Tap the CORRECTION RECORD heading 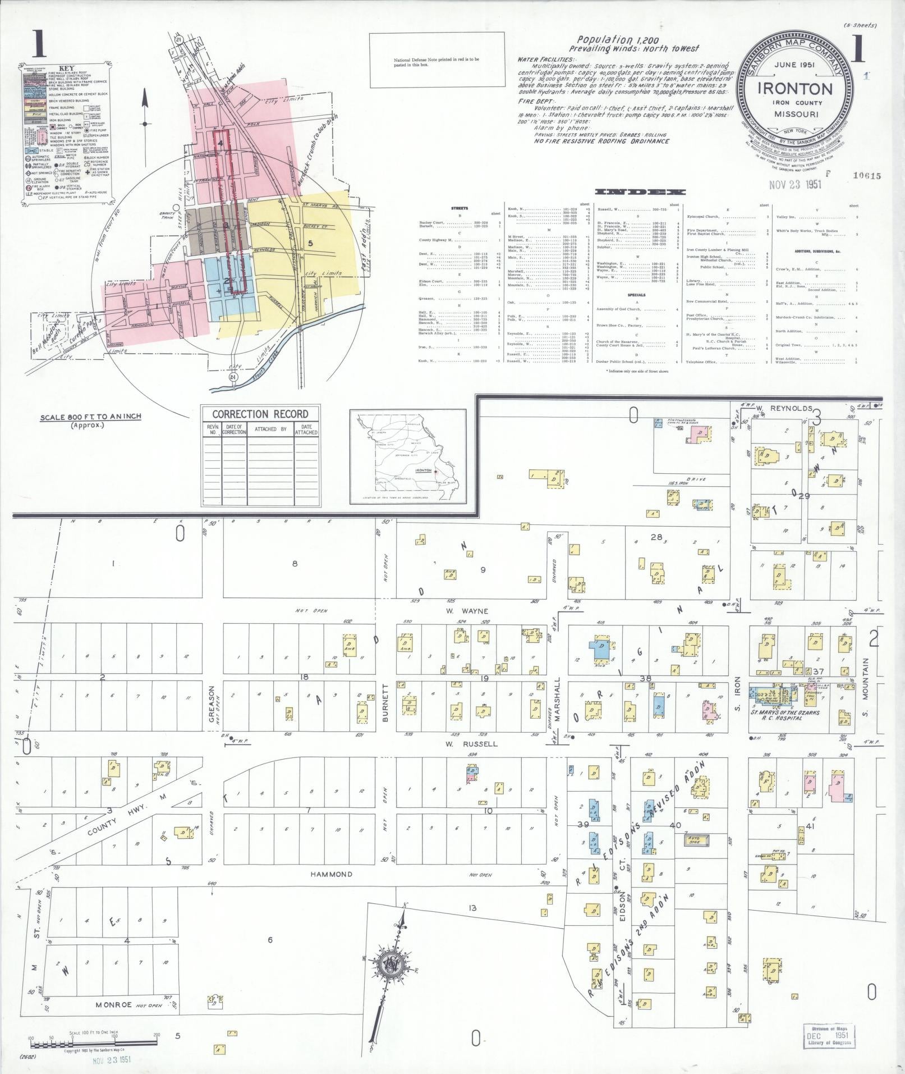pyautogui.click(x=260, y=414)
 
